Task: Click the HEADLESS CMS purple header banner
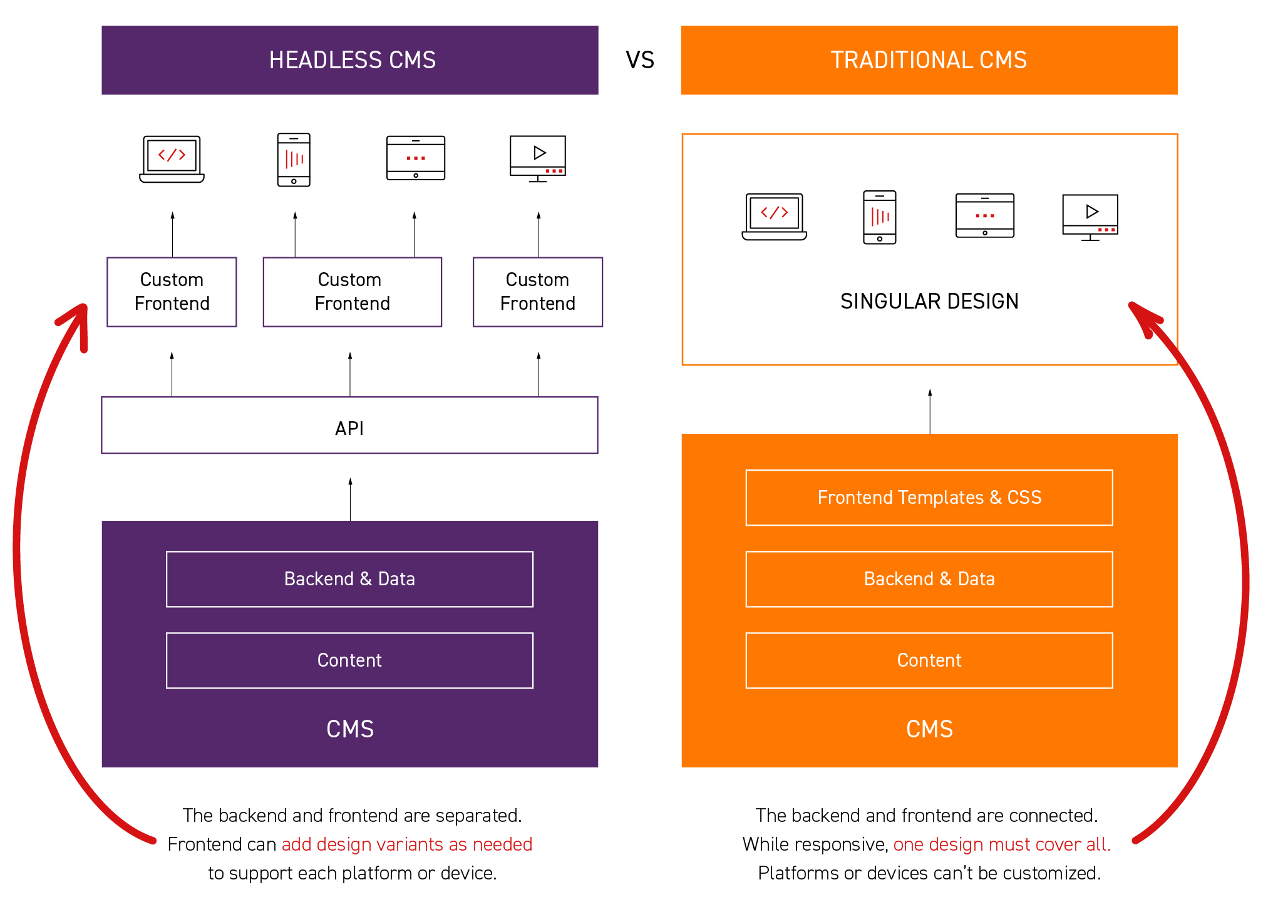click(x=350, y=60)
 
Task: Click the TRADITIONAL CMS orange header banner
click(x=929, y=60)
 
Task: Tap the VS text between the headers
click(x=640, y=60)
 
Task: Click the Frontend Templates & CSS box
click(x=929, y=498)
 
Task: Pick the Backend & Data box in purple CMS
click(x=349, y=579)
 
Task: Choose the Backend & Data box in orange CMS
click(x=929, y=579)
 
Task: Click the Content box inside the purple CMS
click(x=349, y=660)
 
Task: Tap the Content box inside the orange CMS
click(x=929, y=660)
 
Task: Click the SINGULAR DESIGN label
click(x=929, y=301)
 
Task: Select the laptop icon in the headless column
click(x=172, y=159)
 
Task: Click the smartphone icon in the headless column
click(x=294, y=160)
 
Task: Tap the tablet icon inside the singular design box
click(x=984, y=215)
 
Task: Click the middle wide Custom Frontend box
click(x=352, y=292)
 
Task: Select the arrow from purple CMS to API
click(x=350, y=499)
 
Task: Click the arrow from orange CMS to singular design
click(x=930, y=411)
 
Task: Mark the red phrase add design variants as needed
click(x=406, y=844)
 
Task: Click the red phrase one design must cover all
click(x=1001, y=844)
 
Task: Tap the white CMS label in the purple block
click(x=350, y=729)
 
